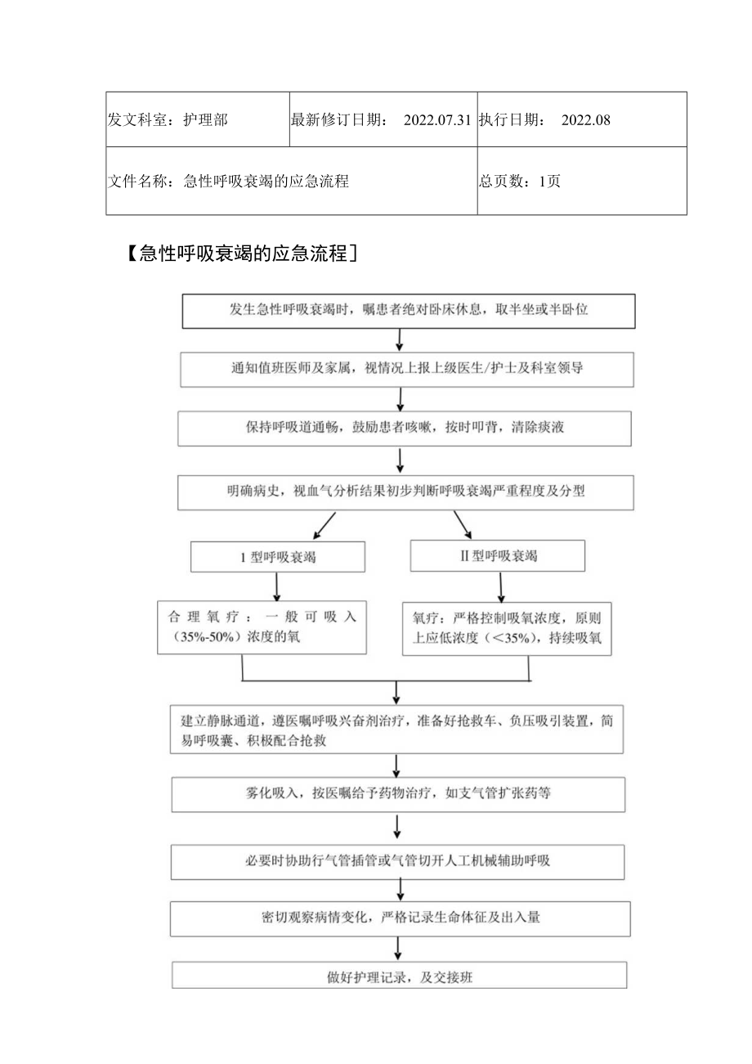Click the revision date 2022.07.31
436,120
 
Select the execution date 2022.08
586,120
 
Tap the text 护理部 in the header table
205,120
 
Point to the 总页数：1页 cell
520,182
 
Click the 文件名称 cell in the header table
228,182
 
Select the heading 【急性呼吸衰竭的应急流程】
242,254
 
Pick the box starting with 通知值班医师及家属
406,368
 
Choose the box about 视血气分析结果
406,491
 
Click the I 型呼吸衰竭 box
277,557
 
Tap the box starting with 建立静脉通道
397,730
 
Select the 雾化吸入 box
398,793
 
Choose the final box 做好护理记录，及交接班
400,976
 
